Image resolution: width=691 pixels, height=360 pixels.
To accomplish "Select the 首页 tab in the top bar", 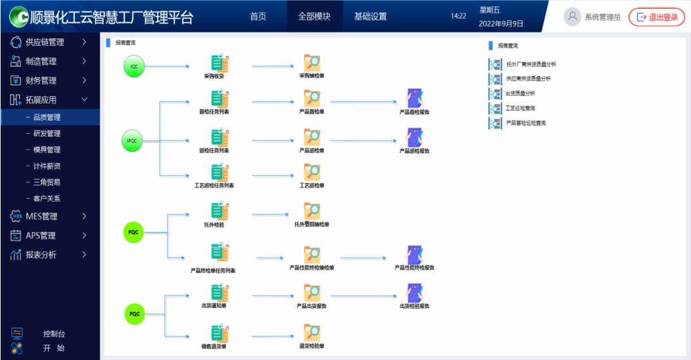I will [x=258, y=16].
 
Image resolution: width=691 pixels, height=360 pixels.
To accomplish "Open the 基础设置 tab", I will [x=370, y=16].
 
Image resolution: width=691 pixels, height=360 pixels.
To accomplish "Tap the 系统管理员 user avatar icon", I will [x=573, y=17].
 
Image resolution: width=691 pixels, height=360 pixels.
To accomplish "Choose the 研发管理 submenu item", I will [x=47, y=134].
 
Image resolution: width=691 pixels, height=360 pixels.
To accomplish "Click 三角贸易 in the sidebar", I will [x=47, y=182].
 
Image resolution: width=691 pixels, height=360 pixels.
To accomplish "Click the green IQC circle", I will [x=134, y=67].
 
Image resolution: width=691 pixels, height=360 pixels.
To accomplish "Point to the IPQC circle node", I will [x=132, y=141].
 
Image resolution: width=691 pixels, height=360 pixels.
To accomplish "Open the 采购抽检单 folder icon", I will [x=312, y=63].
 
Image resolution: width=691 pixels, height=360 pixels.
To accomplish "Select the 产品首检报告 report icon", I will [x=414, y=99].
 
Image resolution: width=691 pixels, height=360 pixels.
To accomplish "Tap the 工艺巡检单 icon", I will [x=312, y=172].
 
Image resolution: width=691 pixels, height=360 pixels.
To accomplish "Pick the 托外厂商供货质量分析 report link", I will [x=531, y=64].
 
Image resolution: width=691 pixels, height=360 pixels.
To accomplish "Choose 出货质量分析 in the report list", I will [x=520, y=93].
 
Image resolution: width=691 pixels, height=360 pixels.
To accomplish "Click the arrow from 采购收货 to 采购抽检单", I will [x=272, y=66].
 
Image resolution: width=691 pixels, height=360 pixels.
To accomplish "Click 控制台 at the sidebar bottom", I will [x=53, y=334].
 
